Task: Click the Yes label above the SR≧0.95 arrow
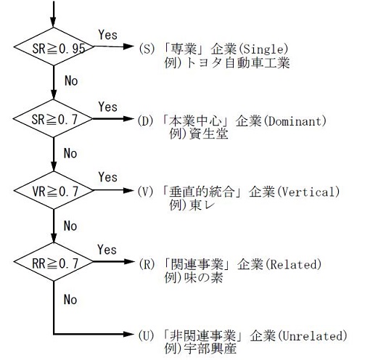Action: click(107, 34)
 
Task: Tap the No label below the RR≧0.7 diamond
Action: click(70, 298)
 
